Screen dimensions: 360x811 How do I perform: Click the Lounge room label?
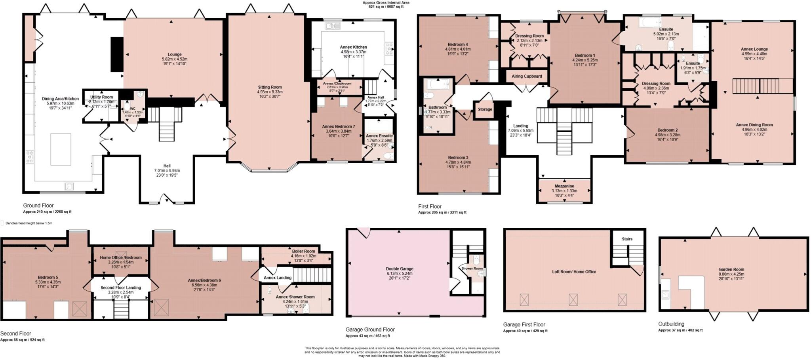click(x=174, y=55)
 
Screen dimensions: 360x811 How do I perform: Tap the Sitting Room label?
click(x=270, y=87)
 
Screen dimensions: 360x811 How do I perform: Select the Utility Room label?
click(x=101, y=97)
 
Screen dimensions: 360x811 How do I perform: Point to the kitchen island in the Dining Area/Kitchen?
click(x=61, y=149)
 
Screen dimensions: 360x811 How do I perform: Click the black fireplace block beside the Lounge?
click(x=116, y=54)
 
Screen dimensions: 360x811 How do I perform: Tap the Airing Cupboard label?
click(x=527, y=76)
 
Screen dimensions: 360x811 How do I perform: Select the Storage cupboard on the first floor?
click(x=485, y=109)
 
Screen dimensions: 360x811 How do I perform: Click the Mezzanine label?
click(x=564, y=186)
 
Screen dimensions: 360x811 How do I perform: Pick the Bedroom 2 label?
click(x=667, y=130)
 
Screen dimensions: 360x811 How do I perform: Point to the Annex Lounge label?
click(x=754, y=49)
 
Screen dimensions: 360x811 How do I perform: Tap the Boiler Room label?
click(x=303, y=251)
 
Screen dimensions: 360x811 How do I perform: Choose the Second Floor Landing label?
click(x=120, y=288)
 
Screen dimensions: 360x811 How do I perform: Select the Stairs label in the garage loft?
click(x=627, y=239)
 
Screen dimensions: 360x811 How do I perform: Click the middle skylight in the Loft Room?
click(x=573, y=299)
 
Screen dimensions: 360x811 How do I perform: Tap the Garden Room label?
click(x=731, y=269)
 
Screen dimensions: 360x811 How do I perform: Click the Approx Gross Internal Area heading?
click(x=386, y=2)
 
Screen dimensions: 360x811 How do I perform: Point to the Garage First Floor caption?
click(x=524, y=324)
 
